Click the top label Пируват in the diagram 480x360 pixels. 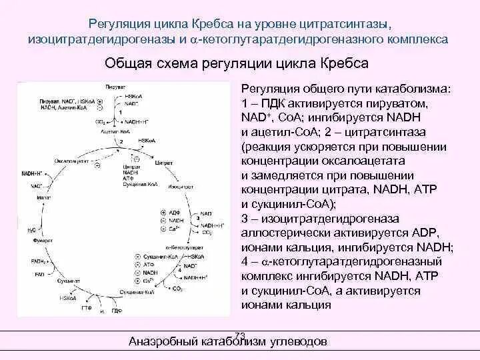click(x=115, y=87)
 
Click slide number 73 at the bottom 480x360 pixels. click(x=241, y=335)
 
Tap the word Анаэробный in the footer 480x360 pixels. click(x=160, y=342)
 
